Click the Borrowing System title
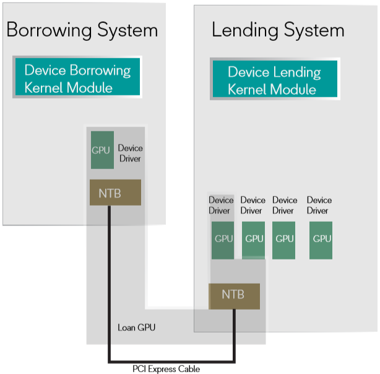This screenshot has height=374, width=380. (82, 30)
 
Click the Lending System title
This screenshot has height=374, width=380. (278, 30)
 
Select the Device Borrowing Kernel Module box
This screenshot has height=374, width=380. (78, 78)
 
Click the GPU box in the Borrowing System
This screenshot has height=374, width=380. (101, 150)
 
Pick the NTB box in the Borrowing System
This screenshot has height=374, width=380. (115, 193)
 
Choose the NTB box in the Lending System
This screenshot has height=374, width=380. (234, 295)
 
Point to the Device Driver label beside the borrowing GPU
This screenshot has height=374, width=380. (130, 154)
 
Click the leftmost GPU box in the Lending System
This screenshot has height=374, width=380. (223, 240)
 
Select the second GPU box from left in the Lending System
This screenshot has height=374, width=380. (254, 240)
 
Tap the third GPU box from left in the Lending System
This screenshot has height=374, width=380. (284, 240)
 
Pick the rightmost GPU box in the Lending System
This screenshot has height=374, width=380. (321, 240)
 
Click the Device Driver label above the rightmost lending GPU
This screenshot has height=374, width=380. (319, 206)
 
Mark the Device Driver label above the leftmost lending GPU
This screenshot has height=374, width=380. (221, 206)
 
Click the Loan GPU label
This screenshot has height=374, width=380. (136, 327)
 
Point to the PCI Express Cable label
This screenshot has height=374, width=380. (166, 369)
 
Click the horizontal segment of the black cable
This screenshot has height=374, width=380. (172, 361)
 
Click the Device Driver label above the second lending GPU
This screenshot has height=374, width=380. (253, 206)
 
